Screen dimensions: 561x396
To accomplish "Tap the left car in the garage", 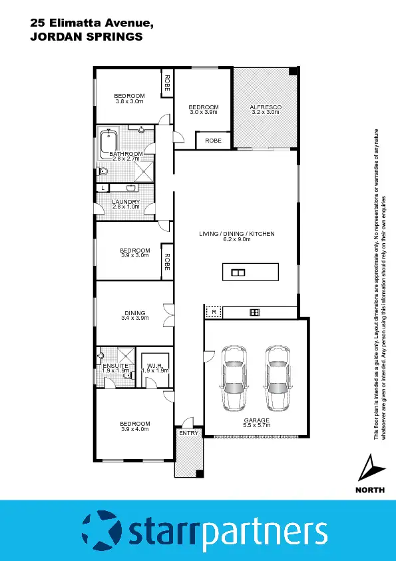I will tap(234, 378).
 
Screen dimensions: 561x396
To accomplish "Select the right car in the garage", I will tap(279, 378).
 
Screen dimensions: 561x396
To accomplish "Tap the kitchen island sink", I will tap(238, 272).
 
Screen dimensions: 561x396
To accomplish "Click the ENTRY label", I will tap(189, 433).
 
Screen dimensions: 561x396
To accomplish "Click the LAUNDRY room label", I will tap(126, 202).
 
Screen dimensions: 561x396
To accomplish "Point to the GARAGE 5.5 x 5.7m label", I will tap(256, 422).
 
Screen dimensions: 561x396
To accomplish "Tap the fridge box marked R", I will tap(214, 312).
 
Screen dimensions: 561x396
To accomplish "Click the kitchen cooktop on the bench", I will tap(254, 312).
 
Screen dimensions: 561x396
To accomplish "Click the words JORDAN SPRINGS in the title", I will tap(87, 37).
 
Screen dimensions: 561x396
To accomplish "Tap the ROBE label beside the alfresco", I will tap(213, 141).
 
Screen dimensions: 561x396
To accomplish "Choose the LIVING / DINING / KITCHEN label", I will tap(236, 234).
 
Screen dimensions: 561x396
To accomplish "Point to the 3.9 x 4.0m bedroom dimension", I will tap(135, 429).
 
